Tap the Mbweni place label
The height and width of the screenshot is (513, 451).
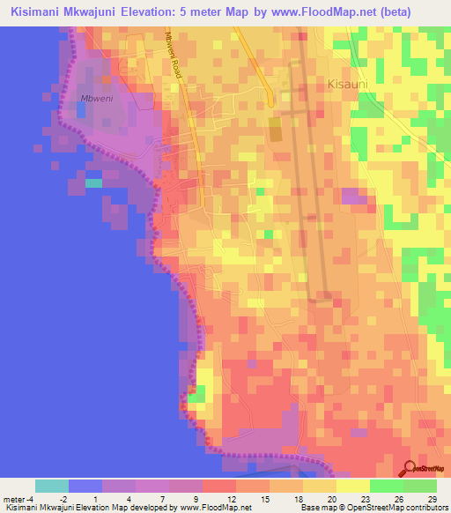click(x=97, y=99)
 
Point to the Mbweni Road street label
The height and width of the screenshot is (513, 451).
click(x=174, y=56)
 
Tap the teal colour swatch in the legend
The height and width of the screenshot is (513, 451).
click(x=52, y=486)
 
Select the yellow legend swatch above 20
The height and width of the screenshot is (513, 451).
click(x=319, y=486)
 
